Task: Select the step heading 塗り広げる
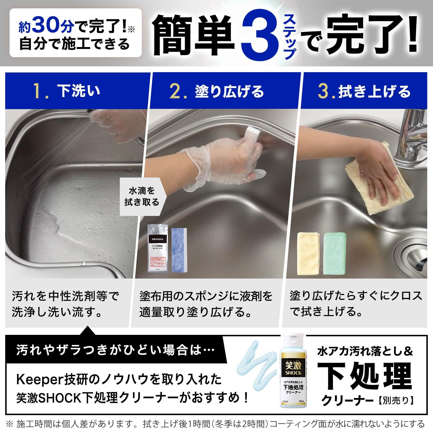pos(229,92)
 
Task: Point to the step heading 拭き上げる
pos(374,92)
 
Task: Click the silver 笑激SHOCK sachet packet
pos(158,249)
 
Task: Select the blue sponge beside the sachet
pos(180,249)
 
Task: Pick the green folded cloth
pos(334,254)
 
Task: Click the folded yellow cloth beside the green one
pos(309,253)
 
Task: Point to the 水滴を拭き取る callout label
pos(141,197)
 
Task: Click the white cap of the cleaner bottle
pos(293,341)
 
